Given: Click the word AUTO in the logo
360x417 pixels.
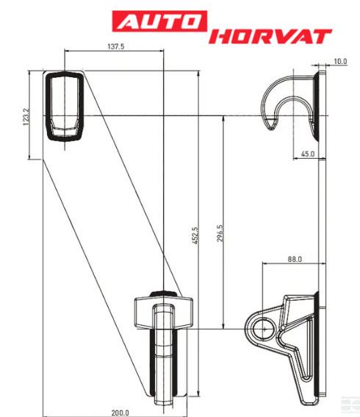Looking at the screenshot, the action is tap(159, 21).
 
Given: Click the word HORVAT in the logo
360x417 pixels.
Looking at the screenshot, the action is tap(270, 37).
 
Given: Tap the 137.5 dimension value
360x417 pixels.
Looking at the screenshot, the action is tap(116, 46).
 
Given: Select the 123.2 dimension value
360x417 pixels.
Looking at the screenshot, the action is tap(26, 116).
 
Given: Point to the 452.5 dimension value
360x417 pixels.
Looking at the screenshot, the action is tap(195, 235).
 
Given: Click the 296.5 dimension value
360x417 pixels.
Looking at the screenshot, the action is tap(220, 233).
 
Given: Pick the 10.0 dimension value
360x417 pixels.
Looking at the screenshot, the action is tap(340, 62).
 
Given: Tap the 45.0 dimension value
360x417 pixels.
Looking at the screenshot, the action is tap(308, 154).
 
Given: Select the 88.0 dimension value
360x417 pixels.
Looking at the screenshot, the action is tap(295, 259).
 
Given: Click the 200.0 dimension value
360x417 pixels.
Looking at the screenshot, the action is tap(120, 413).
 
